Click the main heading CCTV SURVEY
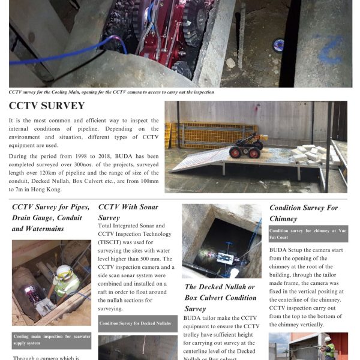click(x=47, y=106)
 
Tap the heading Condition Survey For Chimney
click(x=303, y=213)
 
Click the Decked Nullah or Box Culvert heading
click(x=220, y=298)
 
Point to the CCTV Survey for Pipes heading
click(x=51, y=218)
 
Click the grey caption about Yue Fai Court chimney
click(x=308, y=233)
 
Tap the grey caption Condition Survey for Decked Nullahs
click(x=137, y=323)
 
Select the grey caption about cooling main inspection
click(x=51, y=339)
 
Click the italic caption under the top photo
click(x=111, y=92)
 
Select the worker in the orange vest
click(x=328, y=348)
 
